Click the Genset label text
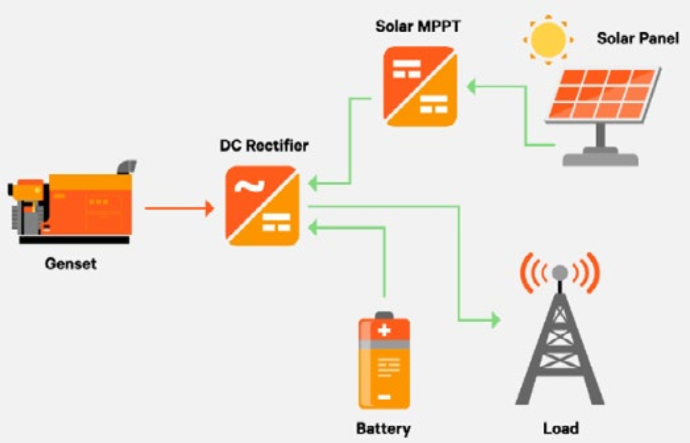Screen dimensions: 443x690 71,264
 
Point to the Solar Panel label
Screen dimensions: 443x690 638,38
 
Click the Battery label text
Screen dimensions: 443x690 383,428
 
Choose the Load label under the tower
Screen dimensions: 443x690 561,428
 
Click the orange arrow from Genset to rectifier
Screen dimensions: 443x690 179,208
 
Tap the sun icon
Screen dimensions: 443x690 548,39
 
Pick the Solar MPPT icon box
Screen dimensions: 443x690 420,86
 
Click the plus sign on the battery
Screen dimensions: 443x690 384,330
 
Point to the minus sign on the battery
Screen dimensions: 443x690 384,397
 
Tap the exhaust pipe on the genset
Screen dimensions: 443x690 126,166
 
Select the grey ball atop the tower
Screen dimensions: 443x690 560,272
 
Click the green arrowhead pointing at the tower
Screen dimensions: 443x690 495,321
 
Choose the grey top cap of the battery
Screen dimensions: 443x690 384,315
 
